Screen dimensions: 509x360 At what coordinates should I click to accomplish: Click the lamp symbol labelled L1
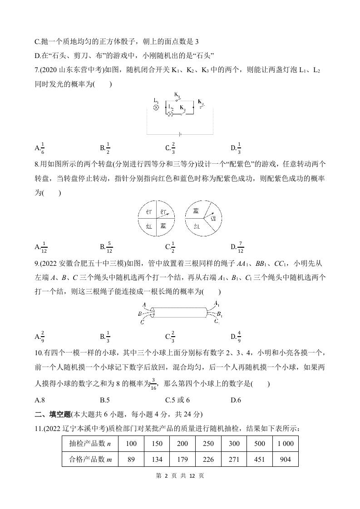[x=156, y=108]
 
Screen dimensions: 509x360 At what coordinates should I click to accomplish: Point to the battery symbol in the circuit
[x=180, y=134]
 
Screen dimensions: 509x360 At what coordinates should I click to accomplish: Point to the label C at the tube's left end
[x=142, y=322]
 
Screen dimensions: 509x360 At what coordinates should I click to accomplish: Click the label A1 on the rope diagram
[x=217, y=303]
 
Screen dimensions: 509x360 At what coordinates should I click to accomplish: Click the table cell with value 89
[x=131, y=460]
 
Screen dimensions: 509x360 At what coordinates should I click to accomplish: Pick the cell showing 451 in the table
[x=260, y=460]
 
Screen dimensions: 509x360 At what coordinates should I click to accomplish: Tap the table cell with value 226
[x=208, y=460]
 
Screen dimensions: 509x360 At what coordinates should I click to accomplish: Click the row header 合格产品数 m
[x=90, y=460]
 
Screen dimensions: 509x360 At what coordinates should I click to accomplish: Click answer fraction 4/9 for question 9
[x=239, y=336]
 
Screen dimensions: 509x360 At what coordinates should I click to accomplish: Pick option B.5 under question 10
[x=105, y=400]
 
